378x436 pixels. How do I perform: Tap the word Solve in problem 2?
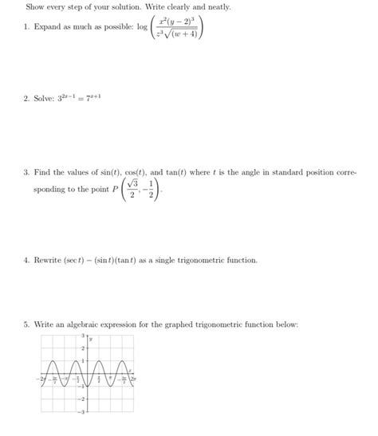pos(45,99)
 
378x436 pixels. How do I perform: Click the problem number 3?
pos(26,171)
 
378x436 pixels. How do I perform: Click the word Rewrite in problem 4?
pos(49,260)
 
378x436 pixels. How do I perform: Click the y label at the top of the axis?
pos(90,339)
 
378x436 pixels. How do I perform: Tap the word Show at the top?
pos(35,6)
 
